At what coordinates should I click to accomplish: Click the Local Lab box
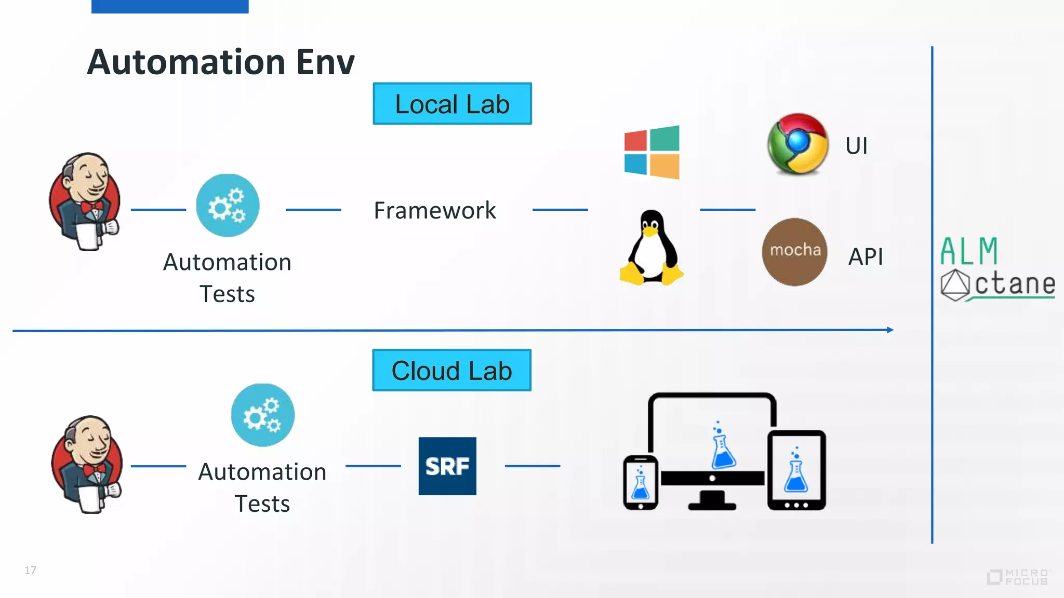tap(452, 104)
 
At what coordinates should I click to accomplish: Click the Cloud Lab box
tap(451, 370)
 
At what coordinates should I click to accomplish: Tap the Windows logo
tap(652, 153)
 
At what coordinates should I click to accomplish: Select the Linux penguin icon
tap(651, 248)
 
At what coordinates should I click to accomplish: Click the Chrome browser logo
tap(797, 144)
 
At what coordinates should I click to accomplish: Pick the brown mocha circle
tap(794, 252)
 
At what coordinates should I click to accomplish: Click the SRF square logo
tap(447, 466)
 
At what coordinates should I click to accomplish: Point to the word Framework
tap(435, 211)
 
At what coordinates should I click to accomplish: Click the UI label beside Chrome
tap(856, 146)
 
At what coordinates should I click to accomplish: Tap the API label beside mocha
tap(865, 256)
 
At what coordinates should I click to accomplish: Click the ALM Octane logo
tap(996, 269)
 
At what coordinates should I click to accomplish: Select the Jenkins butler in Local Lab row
tap(85, 201)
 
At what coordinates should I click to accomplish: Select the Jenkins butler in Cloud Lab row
tap(87, 464)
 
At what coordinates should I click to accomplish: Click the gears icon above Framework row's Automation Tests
tap(228, 206)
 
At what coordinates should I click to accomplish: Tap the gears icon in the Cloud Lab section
tap(262, 415)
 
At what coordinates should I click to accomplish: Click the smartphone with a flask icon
tap(640, 482)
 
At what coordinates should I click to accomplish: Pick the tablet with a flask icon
tap(796, 470)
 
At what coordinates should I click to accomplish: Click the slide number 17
tap(30, 570)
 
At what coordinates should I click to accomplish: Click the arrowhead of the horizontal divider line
tap(890, 330)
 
